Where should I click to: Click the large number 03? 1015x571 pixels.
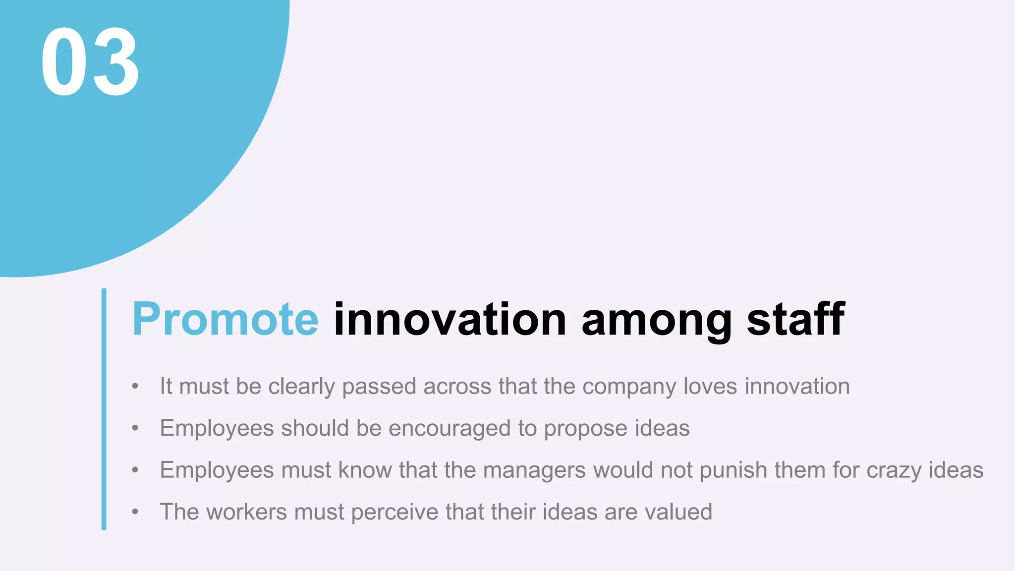click(x=90, y=62)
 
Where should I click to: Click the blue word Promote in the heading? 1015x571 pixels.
click(x=225, y=320)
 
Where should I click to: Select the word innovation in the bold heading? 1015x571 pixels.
click(x=450, y=320)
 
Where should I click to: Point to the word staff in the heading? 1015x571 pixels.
click(x=796, y=320)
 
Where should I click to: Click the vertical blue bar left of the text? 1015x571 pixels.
click(x=104, y=409)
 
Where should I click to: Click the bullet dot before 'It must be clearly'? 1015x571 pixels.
click(x=135, y=386)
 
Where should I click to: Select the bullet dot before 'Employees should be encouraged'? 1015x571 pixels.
click(x=135, y=428)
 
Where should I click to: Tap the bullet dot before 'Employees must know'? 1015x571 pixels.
click(x=135, y=470)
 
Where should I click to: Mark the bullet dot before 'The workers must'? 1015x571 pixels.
click(x=135, y=512)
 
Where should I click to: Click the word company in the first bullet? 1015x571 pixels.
click(x=629, y=387)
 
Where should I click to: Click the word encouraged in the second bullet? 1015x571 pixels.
click(x=449, y=429)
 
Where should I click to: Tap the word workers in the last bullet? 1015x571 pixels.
click(x=246, y=512)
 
